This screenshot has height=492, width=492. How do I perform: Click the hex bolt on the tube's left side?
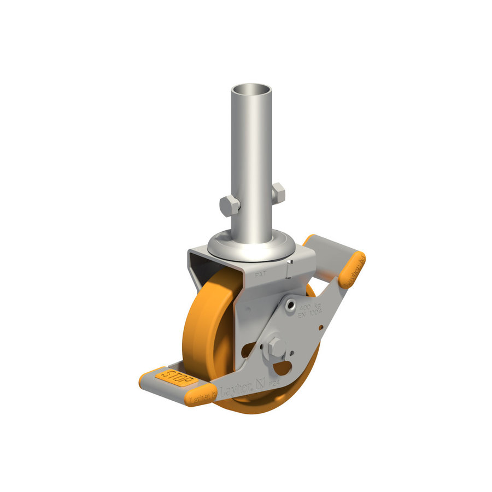pos(230,206)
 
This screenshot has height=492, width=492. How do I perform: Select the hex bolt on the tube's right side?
pos(278,193)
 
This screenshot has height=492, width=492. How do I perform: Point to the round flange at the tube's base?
pos(252,246)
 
